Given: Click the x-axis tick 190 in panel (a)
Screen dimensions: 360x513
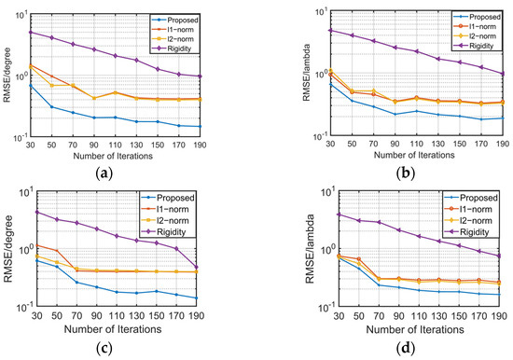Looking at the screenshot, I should point(228,145).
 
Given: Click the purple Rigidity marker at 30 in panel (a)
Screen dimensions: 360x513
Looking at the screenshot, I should point(31,32).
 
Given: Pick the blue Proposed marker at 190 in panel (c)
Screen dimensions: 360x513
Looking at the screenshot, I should point(228,298).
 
